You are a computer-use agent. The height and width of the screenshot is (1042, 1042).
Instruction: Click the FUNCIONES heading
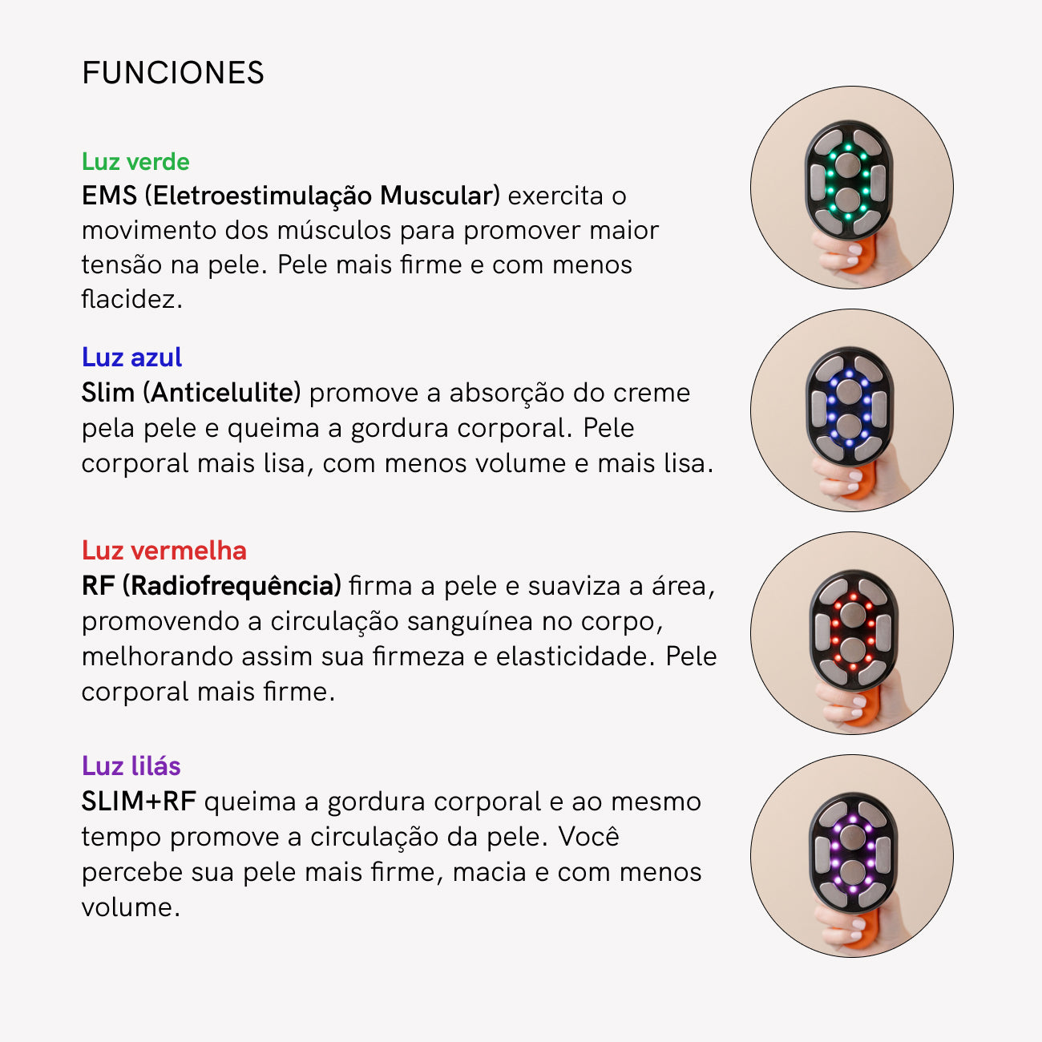coord(173,73)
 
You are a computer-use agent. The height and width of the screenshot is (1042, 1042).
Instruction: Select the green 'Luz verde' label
coord(135,162)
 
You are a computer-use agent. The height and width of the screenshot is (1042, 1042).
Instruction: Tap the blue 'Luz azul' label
coord(132,357)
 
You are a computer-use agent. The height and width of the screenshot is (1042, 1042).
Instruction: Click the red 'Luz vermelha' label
coord(164,551)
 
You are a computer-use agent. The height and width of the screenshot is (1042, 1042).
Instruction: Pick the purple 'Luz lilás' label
coord(131,766)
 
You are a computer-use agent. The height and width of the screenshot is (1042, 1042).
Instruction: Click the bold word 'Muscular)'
coord(440,196)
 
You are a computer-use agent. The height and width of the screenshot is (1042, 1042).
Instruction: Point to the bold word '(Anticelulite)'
coord(222,393)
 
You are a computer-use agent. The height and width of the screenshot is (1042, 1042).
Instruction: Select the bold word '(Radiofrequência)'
coord(232,587)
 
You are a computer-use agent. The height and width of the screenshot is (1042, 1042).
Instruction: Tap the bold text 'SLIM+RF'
coord(139,802)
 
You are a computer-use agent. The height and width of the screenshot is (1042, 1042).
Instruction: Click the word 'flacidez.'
coord(132,299)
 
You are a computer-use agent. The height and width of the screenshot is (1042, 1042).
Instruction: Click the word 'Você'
coord(589,837)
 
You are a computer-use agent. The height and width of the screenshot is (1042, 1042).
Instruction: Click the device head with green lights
coord(848,180)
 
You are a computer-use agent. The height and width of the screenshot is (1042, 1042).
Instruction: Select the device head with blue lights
coord(849,406)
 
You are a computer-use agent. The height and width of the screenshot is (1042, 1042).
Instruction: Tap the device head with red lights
coord(853,630)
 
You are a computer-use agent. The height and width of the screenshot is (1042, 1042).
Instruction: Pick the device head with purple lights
coord(853,854)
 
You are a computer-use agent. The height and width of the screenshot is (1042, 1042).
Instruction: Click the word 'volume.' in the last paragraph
coord(131,907)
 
